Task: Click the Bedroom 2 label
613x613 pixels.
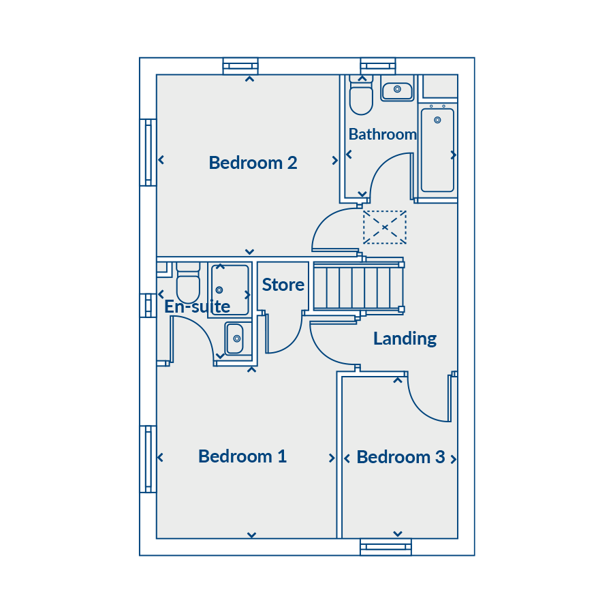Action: (x=253, y=163)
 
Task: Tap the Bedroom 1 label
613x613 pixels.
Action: (x=242, y=456)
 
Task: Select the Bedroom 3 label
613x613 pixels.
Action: (x=400, y=457)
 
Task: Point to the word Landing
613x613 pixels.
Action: (x=405, y=339)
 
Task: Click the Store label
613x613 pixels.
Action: (x=283, y=285)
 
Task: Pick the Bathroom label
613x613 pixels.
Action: (x=383, y=134)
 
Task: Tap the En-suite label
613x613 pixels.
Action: (x=197, y=306)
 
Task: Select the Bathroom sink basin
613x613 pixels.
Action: (x=397, y=91)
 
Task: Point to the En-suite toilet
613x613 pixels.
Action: (x=188, y=283)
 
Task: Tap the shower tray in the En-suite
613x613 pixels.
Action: (x=230, y=289)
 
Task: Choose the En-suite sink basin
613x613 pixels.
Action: (x=234, y=339)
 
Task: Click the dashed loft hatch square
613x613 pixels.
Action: (x=385, y=227)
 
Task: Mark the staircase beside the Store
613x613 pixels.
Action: (x=359, y=287)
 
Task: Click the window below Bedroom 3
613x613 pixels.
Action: (x=386, y=547)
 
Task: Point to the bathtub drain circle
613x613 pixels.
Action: (x=437, y=120)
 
